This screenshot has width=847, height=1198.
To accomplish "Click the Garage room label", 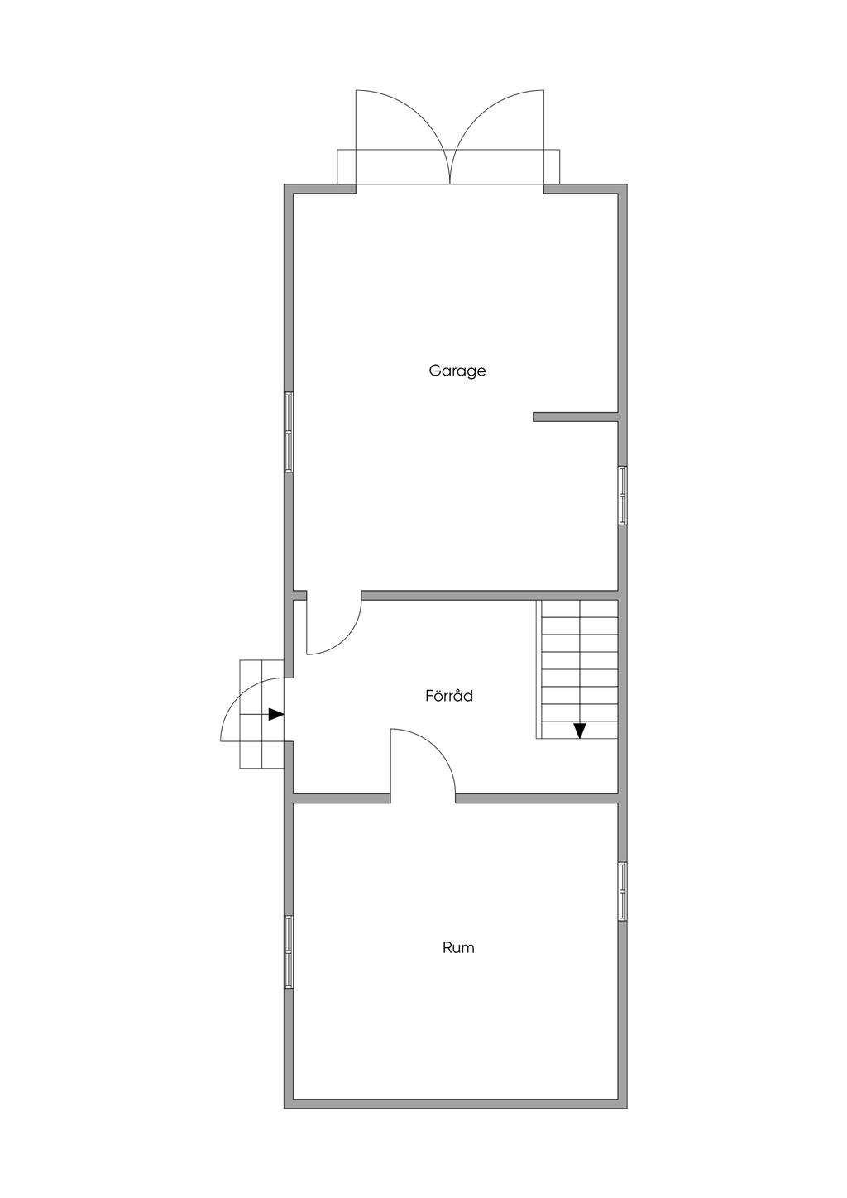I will click(457, 371).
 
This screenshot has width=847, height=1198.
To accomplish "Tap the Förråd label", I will click(449, 696).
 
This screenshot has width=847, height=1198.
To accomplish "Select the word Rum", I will click(458, 947).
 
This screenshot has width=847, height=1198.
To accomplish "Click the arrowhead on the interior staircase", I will click(580, 730).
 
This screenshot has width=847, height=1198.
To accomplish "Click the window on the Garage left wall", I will click(289, 432).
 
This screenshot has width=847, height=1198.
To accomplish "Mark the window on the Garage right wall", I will click(623, 495).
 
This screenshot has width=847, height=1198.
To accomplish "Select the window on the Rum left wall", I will click(289, 951).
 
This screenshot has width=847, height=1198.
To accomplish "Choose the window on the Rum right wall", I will click(623, 891).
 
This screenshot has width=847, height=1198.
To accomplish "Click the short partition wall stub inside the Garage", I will click(576, 417).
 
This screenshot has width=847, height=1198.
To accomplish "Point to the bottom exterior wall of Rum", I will click(456, 1104).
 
